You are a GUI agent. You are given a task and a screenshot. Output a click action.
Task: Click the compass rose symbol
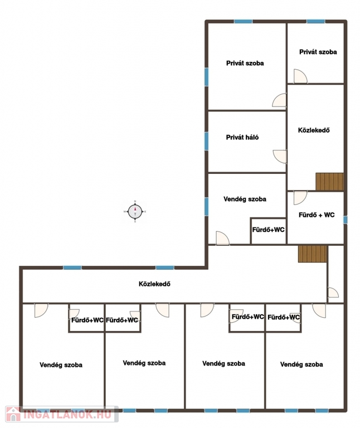click(135, 212)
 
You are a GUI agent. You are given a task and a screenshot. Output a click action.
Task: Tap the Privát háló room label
click(242, 137)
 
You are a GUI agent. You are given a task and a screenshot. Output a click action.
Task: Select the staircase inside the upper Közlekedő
click(329, 182)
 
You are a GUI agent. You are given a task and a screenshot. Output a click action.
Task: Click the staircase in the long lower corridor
click(313, 254)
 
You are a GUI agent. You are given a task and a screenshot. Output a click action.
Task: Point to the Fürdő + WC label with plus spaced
click(317, 215)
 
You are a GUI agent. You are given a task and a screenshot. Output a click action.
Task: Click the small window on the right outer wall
click(346, 220)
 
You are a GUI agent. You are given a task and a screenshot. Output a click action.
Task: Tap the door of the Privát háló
click(280, 157)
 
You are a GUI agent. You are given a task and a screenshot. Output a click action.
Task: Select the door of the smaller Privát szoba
click(300, 76)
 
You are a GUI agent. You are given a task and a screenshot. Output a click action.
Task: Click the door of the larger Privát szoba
click(279, 100)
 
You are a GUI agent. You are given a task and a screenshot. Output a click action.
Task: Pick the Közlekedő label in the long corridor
click(154, 284)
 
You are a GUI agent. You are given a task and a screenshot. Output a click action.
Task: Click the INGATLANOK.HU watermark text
click(67, 414)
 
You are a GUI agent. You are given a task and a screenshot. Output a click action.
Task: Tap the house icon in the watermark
click(13, 414)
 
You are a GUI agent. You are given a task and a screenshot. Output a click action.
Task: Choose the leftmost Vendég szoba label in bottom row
click(61, 365)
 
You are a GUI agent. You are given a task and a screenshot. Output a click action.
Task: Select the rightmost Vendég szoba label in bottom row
click(301, 364)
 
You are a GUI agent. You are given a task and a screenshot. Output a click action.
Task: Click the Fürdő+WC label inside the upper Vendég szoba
click(268, 230)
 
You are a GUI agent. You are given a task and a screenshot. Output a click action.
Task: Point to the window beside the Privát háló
click(206, 141)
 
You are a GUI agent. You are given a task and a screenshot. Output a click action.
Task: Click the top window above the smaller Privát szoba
click(315, 21)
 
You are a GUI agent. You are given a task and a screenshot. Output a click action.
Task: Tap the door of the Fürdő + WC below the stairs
click(300, 198)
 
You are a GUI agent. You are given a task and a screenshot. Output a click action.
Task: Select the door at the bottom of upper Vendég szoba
click(222, 238)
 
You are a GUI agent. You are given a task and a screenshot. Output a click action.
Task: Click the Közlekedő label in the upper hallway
click(314, 130)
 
